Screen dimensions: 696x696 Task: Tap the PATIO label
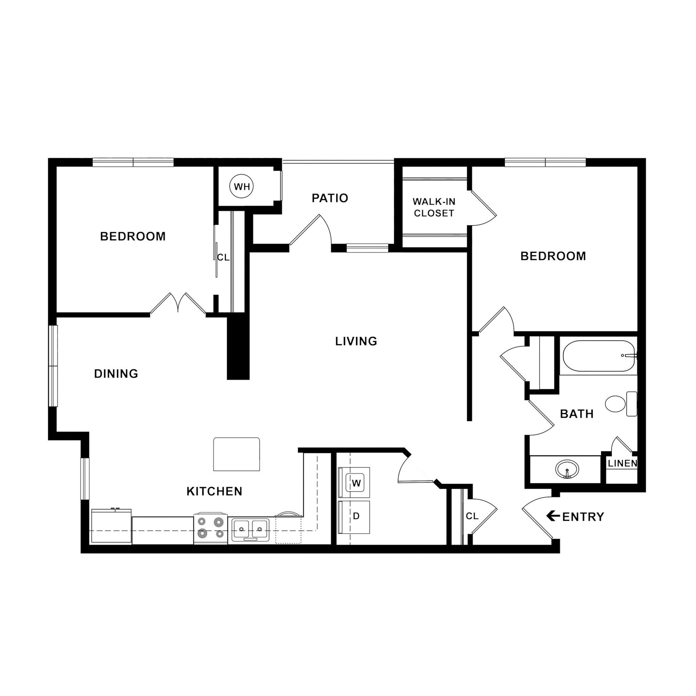[x=330, y=198]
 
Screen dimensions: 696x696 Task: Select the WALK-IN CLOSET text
[x=434, y=208]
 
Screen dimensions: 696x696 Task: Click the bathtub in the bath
[x=598, y=356]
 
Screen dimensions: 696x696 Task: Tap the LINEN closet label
[x=622, y=464]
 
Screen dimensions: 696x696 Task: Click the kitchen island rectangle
[x=236, y=454]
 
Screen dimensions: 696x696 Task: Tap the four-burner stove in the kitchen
[x=210, y=528]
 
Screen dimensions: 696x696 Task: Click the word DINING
[x=116, y=373]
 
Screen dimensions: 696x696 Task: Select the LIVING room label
[x=356, y=341]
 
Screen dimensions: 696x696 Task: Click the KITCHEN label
[x=214, y=491]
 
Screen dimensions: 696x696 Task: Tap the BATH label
[x=577, y=414]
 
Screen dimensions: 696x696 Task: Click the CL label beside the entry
[x=472, y=516]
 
